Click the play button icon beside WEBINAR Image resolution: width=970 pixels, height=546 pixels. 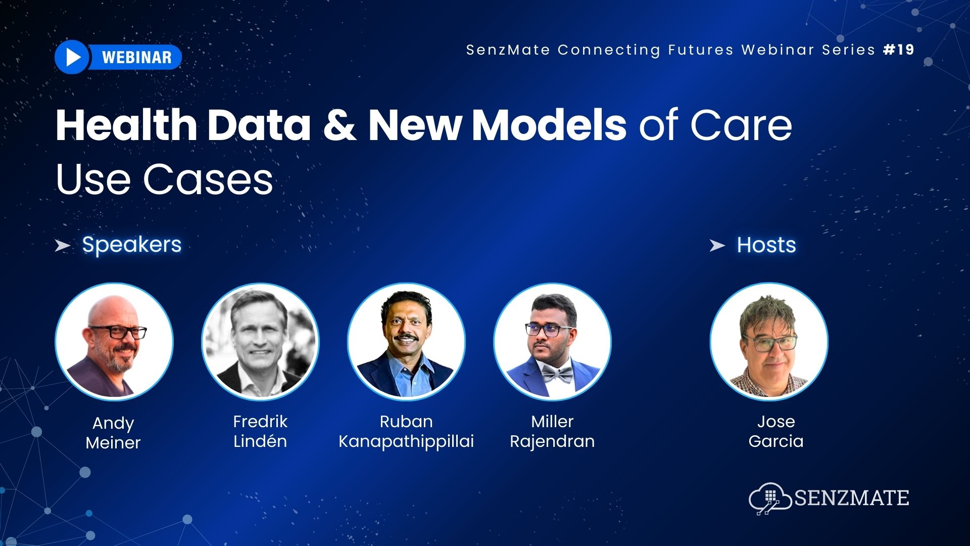tap(73, 57)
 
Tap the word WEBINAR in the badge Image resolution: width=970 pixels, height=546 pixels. tap(136, 57)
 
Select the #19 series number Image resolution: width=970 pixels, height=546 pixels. tap(899, 50)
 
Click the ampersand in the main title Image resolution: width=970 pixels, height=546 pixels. tap(339, 125)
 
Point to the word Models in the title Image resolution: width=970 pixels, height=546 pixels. tap(549, 125)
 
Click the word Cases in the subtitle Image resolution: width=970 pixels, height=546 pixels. tap(208, 179)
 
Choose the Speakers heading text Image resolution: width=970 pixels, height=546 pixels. tap(131, 245)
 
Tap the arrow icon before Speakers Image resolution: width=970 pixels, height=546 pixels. tap(62, 246)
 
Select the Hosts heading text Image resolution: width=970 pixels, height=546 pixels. tap(766, 245)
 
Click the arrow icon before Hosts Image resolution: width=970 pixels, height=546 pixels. tap(717, 246)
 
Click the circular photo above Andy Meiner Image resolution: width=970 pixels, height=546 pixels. tap(114, 342)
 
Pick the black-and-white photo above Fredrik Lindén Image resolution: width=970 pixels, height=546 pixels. tap(260, 342)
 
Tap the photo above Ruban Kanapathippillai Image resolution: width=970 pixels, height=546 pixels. tap(406, 342)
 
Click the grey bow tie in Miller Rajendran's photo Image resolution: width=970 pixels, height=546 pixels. tap(557, 375)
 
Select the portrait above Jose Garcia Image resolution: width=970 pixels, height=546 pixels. tap(768, 342)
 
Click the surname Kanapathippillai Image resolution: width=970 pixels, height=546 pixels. tap(406, 441)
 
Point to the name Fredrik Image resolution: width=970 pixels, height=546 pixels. tap(260, 421)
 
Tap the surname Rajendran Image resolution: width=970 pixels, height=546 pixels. tap(552, 441)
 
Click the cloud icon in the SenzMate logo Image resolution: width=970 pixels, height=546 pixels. tap(769, 498)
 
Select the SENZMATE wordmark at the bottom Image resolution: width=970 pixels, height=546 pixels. tap(852, 498)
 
